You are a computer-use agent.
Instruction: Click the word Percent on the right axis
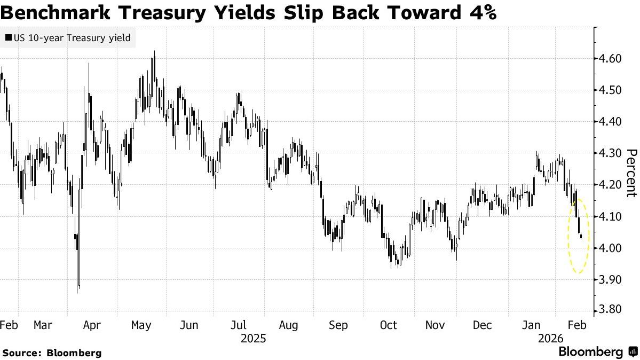[x=631, y=173]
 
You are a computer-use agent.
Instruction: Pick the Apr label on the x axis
[x=92, y=325]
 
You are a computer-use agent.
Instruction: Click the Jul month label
[x=238, y=325]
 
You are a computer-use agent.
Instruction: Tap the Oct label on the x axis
[x=388, y=325]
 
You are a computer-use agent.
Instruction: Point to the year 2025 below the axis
[x=253, y=339]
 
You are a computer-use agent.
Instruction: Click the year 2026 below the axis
[x=550, y=339]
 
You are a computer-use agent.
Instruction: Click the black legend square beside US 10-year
[x=9, y=38]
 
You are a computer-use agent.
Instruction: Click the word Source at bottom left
[x=22, y=353]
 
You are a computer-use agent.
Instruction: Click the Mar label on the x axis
[x=42, y=325]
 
